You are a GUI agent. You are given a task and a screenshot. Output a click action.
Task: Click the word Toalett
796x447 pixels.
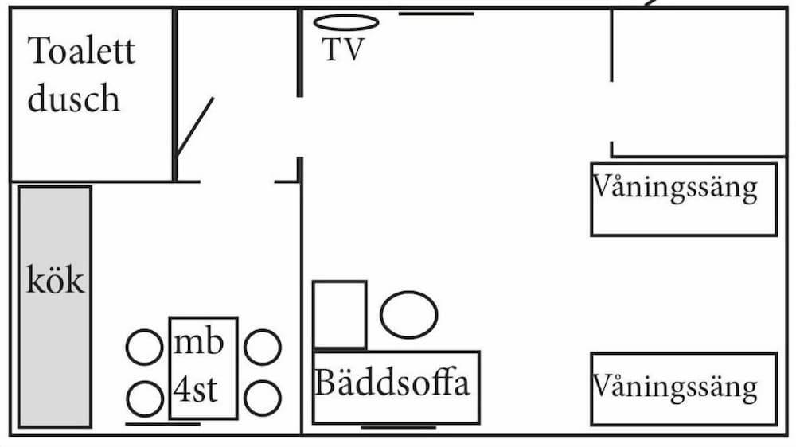tap(81, 52)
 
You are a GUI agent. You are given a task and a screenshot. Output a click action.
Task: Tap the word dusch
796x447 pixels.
tap(73, 99)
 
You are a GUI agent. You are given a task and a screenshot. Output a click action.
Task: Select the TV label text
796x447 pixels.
tap(343, 50)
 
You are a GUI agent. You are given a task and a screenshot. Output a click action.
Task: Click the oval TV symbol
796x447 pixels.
tap(345, 22)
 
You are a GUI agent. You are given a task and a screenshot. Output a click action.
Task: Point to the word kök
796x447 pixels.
tap(55, 282)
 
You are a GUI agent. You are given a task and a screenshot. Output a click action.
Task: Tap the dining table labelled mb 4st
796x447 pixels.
tap(203, 367)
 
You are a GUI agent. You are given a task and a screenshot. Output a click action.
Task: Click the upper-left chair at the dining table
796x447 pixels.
tap(145, 348)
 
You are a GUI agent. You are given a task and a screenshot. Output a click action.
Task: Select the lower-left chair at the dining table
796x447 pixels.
tap(145, 398)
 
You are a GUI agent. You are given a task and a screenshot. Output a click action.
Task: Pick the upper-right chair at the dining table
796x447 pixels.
tap(262, 348)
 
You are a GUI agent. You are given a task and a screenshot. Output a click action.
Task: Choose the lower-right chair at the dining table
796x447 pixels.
tap(262, 398)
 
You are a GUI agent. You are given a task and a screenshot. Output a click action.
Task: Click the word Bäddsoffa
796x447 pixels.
tap(392, 383)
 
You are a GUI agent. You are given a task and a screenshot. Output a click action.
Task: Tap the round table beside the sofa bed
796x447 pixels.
tap(409, 315)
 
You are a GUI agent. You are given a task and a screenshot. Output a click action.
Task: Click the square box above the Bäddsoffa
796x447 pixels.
tap(340, 314)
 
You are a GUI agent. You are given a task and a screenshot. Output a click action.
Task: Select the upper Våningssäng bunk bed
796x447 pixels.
tap(683, 200)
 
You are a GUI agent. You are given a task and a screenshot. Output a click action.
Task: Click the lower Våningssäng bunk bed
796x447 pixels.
tap(683, 389)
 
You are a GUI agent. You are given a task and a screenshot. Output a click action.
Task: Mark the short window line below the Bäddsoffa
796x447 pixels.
tap(399, 428)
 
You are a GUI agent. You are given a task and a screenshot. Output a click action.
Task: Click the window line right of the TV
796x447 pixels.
tap(435, 14)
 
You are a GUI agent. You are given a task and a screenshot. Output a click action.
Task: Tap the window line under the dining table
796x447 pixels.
tap(163, 424)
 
